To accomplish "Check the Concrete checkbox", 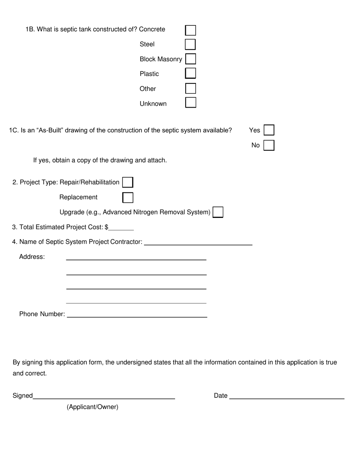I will coord(191,30).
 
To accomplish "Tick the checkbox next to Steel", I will coord(190,44).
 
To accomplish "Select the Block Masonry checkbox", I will coord(191,59).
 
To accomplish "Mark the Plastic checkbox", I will coord(190,73).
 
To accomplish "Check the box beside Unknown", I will coord(191,103).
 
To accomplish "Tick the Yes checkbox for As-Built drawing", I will coord(269,130).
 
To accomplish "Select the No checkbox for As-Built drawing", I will coord(269,145).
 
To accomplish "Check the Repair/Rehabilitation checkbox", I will coord(128,182).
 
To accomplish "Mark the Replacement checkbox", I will coord(128,197).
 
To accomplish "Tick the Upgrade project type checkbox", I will coord(218,212).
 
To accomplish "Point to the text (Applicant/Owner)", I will coord(92,407).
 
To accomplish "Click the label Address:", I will coord(32,257).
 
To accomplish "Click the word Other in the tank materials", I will coord(148,89).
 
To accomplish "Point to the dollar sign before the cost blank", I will coord(106,227).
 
